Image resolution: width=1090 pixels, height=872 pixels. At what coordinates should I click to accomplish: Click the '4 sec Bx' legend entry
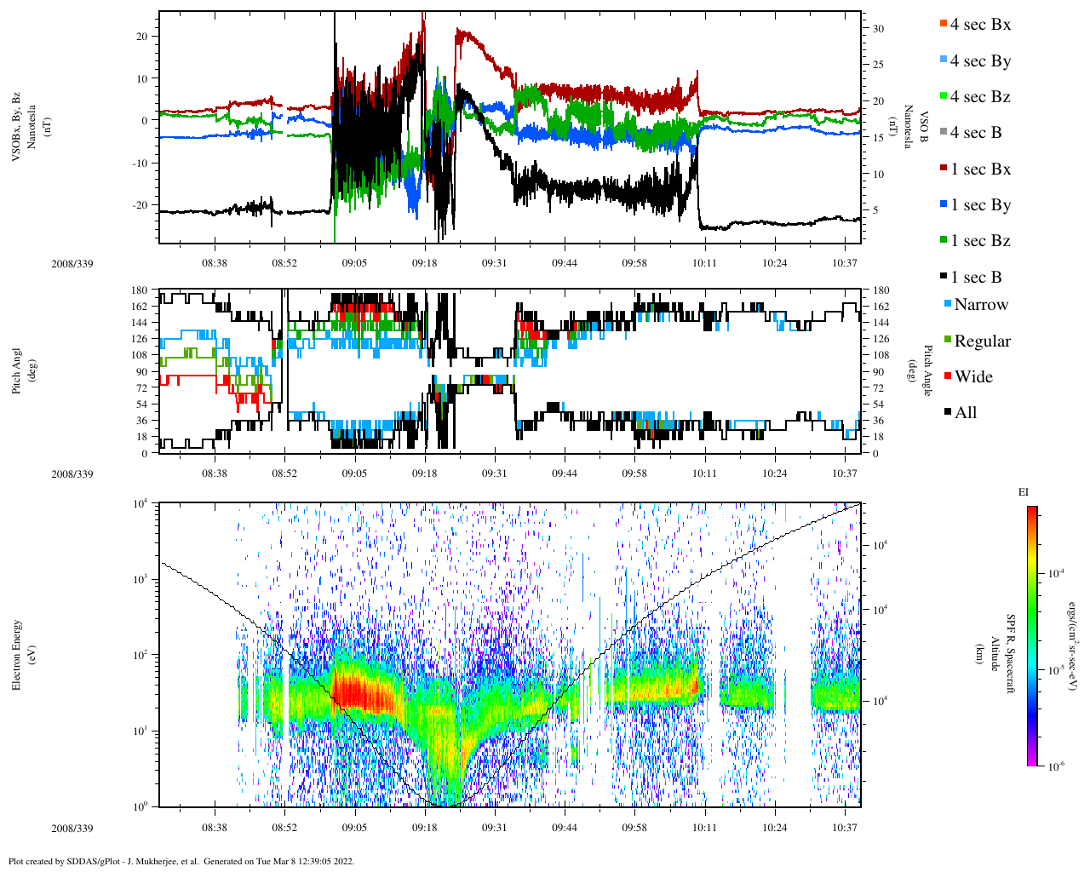[x=979, y=25]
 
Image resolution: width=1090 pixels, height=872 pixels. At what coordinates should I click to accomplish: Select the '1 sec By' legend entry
[x=979, y=205]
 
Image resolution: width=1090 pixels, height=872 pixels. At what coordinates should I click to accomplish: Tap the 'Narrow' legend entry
[x=980, y=305]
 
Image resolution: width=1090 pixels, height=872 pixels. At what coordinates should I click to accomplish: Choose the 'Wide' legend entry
[x=972, y=377]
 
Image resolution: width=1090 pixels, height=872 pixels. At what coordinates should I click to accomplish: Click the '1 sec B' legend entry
[x=976, y=278]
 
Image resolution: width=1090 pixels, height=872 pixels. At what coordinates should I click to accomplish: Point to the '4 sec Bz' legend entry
[x=979, y=97]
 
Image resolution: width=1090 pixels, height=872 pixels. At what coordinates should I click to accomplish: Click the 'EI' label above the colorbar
[x=1024, y=492]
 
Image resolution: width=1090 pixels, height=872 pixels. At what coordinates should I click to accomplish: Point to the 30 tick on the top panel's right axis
[x=878, y=29]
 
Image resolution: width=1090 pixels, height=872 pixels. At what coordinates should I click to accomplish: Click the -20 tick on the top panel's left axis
[x=138, y=205]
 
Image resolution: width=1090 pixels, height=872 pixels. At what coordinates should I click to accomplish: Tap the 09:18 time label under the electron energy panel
[x=424, y=828]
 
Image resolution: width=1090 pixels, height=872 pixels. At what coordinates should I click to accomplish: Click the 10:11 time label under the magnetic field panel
[x=704, y=263]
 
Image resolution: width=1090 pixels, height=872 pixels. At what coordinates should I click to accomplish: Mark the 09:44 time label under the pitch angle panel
[x=564, y=473]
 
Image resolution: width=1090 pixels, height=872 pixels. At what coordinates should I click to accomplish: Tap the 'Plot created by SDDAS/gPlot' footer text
[x=181, y=861]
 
